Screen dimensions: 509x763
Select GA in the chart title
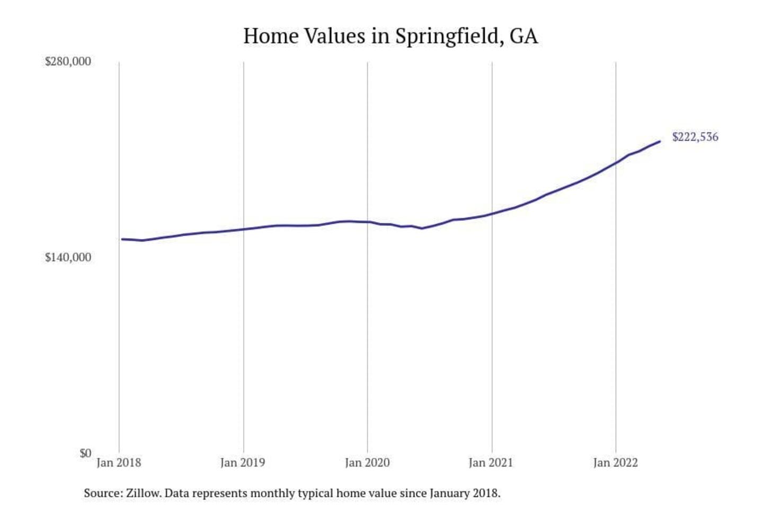524,36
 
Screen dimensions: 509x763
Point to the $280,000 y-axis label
68,62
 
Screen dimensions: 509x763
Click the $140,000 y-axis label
68,258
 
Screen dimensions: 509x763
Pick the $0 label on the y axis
85,453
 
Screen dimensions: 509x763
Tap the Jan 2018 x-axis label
119,463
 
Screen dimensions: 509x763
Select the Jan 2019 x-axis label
243,463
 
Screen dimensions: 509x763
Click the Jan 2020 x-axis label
367,463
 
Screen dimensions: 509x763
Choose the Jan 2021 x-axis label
491,463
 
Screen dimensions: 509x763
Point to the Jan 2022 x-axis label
615,463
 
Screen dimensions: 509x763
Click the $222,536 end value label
695,137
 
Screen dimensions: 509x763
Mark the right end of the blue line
660,142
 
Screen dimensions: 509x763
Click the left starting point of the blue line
122,239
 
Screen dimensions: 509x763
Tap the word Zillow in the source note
143,493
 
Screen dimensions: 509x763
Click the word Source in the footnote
102,493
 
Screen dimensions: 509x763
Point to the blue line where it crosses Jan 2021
492,214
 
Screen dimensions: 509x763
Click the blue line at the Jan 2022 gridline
616,162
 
